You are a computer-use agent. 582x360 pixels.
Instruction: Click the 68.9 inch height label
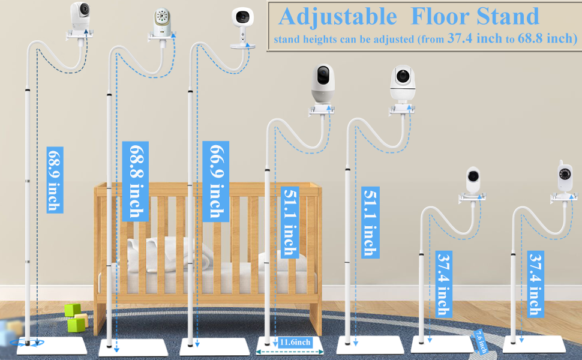pos(55,180)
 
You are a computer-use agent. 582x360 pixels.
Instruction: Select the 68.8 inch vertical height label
pos(136,181)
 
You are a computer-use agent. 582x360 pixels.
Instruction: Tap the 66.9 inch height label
pos(215,181)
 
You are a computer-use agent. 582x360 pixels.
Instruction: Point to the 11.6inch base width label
pos(295,342)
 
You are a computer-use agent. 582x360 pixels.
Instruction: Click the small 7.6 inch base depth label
pos(481,341)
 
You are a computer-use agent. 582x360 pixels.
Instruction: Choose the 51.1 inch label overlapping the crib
pos(290,223)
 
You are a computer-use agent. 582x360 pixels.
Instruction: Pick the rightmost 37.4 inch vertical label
pos(536,284)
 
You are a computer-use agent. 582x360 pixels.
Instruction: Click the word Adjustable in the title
pos(338,17)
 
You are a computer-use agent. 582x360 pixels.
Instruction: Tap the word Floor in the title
pos(440,16)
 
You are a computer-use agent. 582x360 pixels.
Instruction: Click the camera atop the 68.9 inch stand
pos(80,16)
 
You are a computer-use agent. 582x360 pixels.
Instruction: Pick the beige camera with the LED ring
pos(162,22)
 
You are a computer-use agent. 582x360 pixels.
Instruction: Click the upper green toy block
pos(73,310)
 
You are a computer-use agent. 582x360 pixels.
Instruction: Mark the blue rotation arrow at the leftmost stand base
pos(27,343)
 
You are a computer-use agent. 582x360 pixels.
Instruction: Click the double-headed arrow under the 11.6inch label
pos(290,352)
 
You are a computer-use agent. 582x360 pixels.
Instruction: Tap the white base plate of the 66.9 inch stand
pos(215,347)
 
